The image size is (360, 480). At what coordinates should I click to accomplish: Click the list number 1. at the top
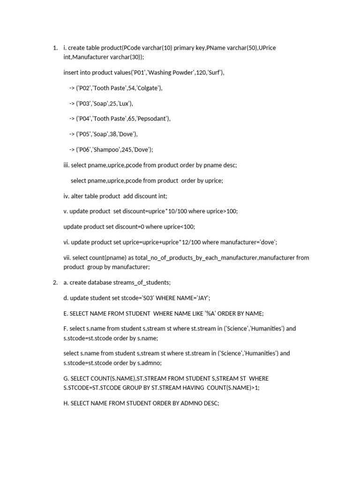(x=55, y=48)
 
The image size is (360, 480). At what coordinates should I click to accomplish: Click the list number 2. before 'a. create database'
(x=55, y=282)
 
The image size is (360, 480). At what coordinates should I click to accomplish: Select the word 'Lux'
(x=125, y=104)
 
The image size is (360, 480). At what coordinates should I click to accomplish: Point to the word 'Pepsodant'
(x=154, y=119)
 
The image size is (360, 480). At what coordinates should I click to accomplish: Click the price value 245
(x=128, y=150)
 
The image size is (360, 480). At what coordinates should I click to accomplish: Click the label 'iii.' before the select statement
(x=67, y=165)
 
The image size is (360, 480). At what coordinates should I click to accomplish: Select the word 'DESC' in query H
(x=211, y=403)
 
